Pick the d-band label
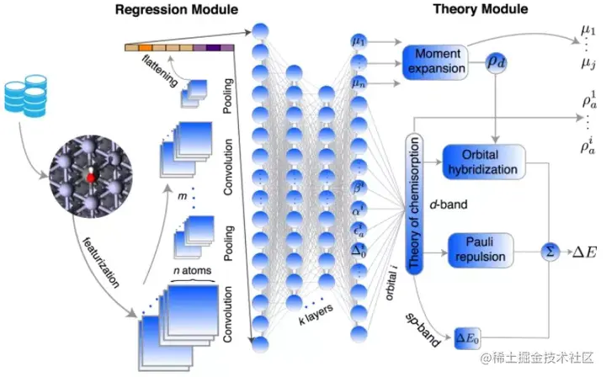444,204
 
